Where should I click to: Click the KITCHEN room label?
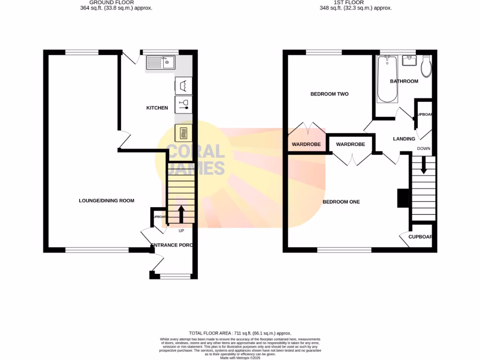point(157,108)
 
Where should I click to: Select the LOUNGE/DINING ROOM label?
point(106,201)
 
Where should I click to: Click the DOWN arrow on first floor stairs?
point(423,165)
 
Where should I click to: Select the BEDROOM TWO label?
point(330,94)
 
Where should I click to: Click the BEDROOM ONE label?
point(341,202)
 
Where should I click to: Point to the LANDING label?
point(404,139)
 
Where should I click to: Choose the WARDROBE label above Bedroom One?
point(350,144)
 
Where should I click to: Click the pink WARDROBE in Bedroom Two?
point(306,144)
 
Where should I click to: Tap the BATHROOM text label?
point(404,82)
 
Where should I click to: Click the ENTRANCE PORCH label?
point(172,245)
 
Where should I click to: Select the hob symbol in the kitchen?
point(183,133)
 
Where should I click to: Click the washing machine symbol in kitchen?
point(183,85)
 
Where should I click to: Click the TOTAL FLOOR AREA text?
point(240,332)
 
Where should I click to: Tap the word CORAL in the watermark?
point(196,151)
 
